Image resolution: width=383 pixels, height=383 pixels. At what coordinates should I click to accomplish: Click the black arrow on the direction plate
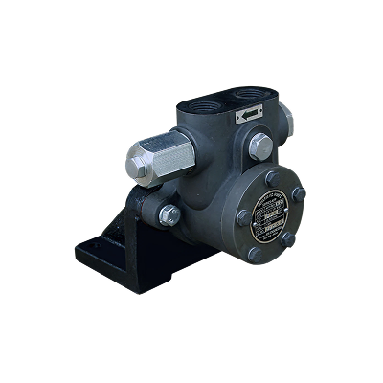click(x=249, y=113)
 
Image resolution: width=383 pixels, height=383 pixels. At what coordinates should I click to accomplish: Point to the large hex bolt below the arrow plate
click(x=260, y=146)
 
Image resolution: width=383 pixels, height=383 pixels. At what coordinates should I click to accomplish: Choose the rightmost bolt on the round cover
click(x=298, y=194)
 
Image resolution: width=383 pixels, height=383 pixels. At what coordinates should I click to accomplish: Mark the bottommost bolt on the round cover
click(x=254, y=255)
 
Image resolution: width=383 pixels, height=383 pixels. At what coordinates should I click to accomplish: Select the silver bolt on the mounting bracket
click(x=169, y=214)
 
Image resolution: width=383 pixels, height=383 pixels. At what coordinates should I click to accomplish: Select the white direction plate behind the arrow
click(x=251, y=113)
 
